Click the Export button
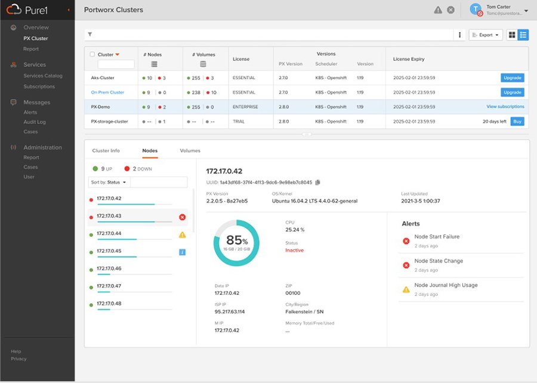pyautogui.click(x=486, y=35)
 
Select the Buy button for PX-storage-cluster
pyautogui.click(x=517, y=121)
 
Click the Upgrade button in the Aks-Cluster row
pyautogui.click(x=513, y=78)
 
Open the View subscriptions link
pyautogui.click(x=505, y=107)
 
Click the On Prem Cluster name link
pyautogui.click(x=107, y=92)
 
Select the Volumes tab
pyautogui.click(x=190, y=150)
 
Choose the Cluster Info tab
pyautogui.click(x=106, y=150)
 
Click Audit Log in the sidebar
pyautogui.click(x=35, y=122)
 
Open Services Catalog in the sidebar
pyautogui.click(x=43, y=76)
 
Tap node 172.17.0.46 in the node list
pyautogui.click(x=109, y=268)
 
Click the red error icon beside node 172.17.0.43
pyautogui.click(x=182, y=217)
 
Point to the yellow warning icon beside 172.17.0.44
pyautogui.click(x=182, y=234)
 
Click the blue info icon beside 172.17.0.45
pyautogui.click(x=182, y=252)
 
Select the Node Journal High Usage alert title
pyautogui.click(x=446, y=285)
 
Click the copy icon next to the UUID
pyautogui.click(x=318, y=182)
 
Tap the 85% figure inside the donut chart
pyautogui.click(x=236, y=241)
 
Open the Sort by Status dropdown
pyautogui.click(x=109, y=182)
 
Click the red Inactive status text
pyautogui.click(x=294, y=251)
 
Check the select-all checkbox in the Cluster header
pyautogui.click(x=92, y=54)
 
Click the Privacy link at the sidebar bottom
pyautogui.click(x=18, y=359)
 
